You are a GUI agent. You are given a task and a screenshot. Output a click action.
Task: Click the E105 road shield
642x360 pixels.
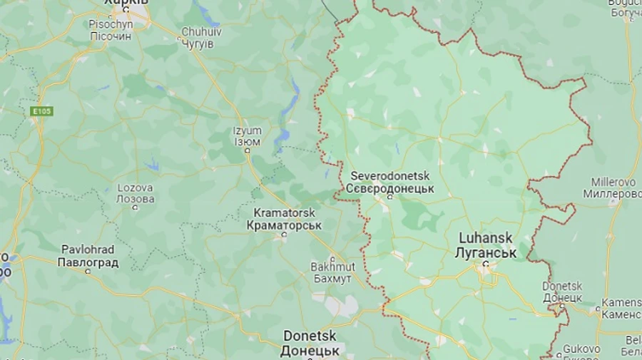[x=42, y=111]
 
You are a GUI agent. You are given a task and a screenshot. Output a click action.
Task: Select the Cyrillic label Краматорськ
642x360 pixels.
[x=284, y=225]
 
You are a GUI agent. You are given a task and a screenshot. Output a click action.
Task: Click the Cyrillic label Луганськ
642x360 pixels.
[x=486, y=253]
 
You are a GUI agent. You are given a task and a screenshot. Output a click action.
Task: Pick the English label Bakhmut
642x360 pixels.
[x=331, y=267]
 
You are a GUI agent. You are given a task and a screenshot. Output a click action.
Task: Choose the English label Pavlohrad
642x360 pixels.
[x=88, y=250]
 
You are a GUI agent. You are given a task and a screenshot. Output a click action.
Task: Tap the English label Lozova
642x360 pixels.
[x=135, y=188]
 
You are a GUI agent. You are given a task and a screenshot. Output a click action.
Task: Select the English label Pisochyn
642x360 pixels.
[x=111, y=24]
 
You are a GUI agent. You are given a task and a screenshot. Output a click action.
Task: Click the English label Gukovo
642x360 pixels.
[x=581, y=349]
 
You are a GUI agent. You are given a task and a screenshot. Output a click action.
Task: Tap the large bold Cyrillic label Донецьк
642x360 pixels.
[x=309, y=351]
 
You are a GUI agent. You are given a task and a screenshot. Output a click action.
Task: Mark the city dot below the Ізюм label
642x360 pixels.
[x=248, y=151]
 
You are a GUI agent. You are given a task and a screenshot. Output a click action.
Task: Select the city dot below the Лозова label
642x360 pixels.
[x=136, y=208]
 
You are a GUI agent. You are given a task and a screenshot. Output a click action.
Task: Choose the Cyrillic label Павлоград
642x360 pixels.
[x=88, y=262]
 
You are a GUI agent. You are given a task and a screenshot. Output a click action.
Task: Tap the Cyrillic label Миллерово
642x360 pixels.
[x=613, y=194]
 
